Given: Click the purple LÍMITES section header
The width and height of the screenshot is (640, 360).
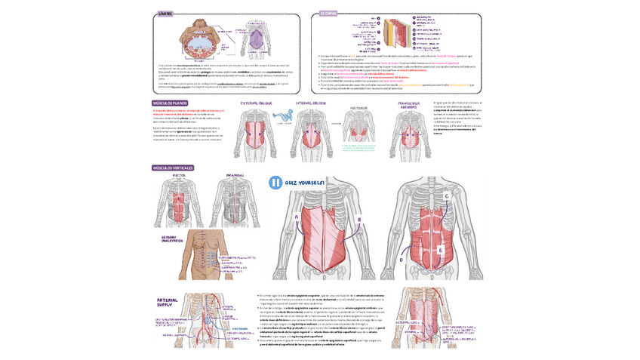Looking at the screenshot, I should click(x=165, y=14).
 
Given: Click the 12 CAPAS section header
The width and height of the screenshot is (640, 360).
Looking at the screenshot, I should click(x=328, y=14).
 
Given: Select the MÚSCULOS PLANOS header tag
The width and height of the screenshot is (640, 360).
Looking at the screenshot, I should click(x=170, y=103).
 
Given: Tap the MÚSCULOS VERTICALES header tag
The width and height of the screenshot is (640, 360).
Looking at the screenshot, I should click(x=174, y=168).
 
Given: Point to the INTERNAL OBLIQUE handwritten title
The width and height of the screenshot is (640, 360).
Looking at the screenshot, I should click(x=310, y=103).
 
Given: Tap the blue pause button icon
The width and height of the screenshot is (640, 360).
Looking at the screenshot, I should click(x=276, y=183).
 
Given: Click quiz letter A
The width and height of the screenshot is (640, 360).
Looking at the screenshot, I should click(x=297, y=215).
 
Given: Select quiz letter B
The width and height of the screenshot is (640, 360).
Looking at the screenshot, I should click(x=360, y=220).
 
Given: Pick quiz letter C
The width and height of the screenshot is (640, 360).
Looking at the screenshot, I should click(x=447, y=196).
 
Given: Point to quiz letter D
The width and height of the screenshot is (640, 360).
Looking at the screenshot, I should click(x=402, y=259).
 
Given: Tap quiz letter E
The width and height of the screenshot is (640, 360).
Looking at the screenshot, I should click(x=441, y=250).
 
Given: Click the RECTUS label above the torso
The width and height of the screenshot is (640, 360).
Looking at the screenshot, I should click(x=179, y=175).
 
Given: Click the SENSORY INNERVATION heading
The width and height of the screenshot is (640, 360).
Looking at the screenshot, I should click(x=172, y=238).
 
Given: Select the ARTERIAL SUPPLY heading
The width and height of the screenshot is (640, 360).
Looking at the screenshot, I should click(x=169, y=303).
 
